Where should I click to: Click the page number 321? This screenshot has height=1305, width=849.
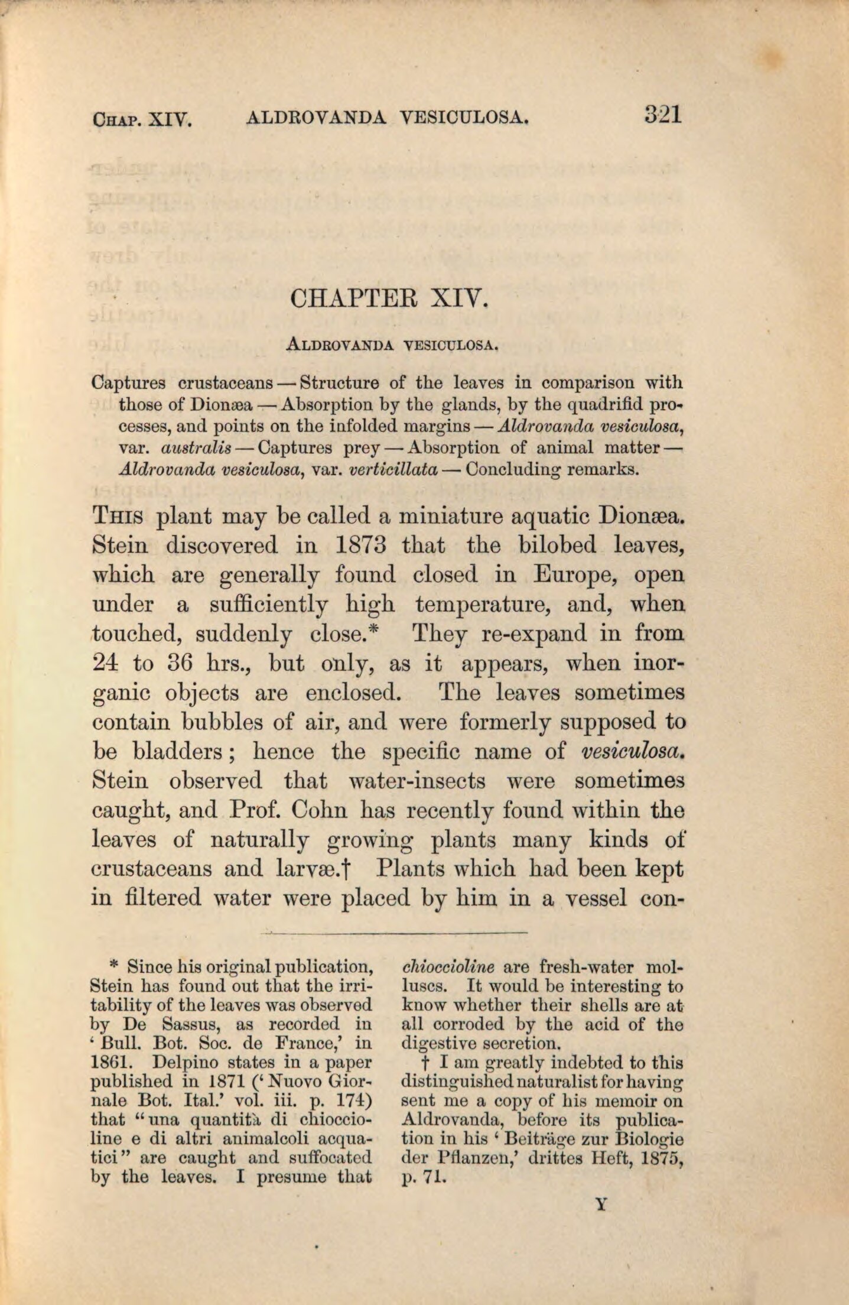663,113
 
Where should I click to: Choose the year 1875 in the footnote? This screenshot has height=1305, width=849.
655,1157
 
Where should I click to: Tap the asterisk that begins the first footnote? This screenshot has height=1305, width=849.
115,965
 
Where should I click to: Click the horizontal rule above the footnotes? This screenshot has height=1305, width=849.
393,932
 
